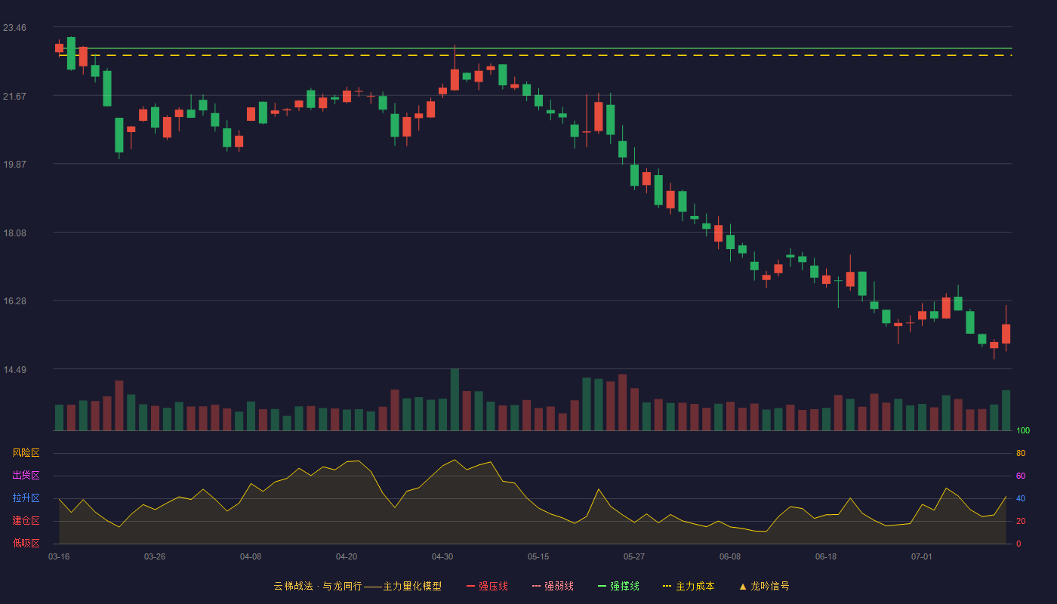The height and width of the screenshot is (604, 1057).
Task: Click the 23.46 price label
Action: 14,28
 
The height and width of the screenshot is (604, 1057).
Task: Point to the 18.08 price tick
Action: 14,233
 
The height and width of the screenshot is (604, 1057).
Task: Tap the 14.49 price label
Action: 14,370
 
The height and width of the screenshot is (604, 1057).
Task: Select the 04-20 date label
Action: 347,557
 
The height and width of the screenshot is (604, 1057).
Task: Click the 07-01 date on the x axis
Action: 922,557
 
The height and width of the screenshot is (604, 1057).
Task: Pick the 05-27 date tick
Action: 633,557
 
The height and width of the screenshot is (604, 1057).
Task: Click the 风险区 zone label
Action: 26,453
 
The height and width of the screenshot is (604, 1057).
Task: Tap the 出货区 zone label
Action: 26,475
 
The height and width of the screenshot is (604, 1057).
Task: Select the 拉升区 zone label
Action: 26,498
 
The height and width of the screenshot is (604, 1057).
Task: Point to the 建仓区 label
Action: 26,520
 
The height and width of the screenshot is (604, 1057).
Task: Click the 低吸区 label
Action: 26,543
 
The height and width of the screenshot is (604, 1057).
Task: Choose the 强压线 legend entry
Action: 487,586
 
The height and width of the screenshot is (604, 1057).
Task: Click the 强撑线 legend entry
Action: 618,586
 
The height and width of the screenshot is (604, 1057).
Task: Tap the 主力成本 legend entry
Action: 689,586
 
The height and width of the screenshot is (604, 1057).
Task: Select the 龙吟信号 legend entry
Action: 764,586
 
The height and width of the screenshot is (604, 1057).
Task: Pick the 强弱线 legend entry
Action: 553,586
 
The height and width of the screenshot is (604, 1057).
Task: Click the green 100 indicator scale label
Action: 1023,430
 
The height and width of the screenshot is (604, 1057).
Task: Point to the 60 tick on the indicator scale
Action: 1021,476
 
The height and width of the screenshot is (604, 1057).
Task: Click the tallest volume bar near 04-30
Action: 455,399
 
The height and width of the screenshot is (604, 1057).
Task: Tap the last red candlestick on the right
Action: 1006,334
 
